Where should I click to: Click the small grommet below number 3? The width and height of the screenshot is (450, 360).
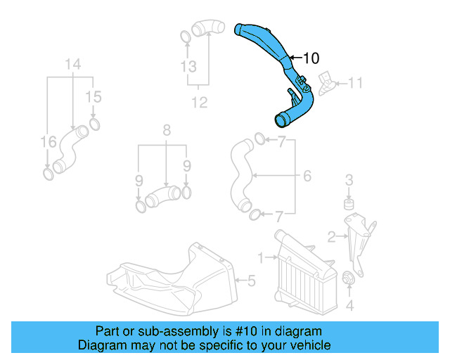[347, 204]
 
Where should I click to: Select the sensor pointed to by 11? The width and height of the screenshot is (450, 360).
[327, 81]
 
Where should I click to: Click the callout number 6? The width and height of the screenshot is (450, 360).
[307, 175]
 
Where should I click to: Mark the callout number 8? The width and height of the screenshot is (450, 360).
[167, 130]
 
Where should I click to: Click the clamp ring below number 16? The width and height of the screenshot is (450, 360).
[48, 173]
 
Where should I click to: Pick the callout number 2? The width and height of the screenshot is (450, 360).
[331, 236]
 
